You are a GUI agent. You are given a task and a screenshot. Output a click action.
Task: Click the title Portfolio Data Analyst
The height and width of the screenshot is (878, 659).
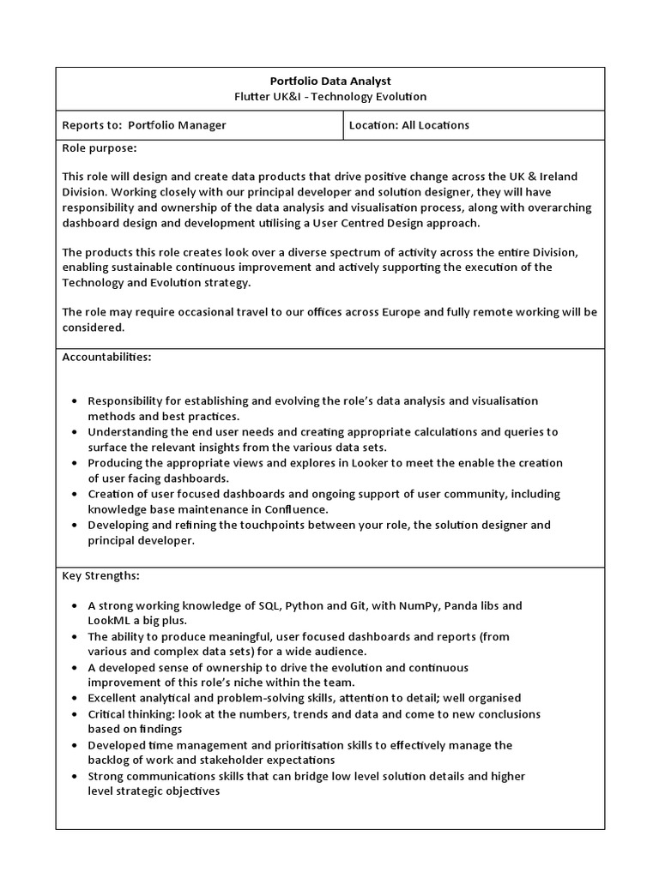tap(330, 81)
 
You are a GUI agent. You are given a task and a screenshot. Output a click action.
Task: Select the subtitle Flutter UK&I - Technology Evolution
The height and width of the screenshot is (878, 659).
tap(330, 97)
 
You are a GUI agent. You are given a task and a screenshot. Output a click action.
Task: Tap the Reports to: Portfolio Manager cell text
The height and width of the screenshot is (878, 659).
tap(144, 125)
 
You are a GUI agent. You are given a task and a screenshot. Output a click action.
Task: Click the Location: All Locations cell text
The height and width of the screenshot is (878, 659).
tap(409, 125)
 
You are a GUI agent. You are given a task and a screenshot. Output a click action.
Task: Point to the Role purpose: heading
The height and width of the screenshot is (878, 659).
tap(100, 148)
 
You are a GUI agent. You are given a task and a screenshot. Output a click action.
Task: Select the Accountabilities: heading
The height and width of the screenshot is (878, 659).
tap(106, 357)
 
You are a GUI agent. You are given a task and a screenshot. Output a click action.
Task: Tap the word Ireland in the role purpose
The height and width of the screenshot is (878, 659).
tap(559, 176)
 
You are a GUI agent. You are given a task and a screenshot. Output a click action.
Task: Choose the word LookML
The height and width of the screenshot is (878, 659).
tap(110, 620)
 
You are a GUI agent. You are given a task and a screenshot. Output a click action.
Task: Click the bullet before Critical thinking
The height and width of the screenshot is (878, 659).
tap(76, 714)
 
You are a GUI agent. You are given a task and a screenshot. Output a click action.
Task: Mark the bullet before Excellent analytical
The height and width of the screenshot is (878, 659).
tap(76, 699)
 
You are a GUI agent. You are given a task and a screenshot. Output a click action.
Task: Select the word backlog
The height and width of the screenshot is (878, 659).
tap(112, 761)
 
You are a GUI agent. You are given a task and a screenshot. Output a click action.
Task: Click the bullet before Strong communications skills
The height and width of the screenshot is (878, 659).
tap(76, 777)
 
